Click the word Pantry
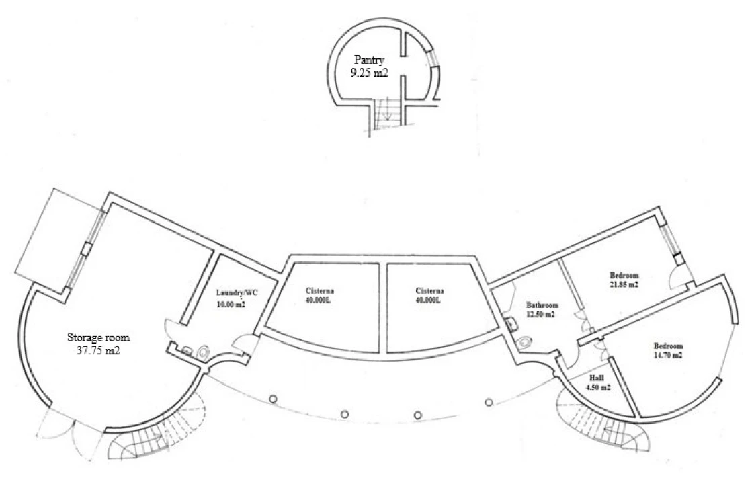coord(370,60)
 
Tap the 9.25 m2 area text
coord(369,73)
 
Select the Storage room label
coord(98,337)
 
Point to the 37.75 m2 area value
coord(98,351)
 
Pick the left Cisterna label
coord(320,290)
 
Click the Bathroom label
coord(542,305)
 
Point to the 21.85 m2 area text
coord(624,284)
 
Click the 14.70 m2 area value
coord(668,355)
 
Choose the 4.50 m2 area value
coord(599,387)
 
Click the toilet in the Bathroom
coord(526,341)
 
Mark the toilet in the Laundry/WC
coord(204,352)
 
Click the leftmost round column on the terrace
coord(273,399)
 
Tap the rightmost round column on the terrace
coord(489,402)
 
